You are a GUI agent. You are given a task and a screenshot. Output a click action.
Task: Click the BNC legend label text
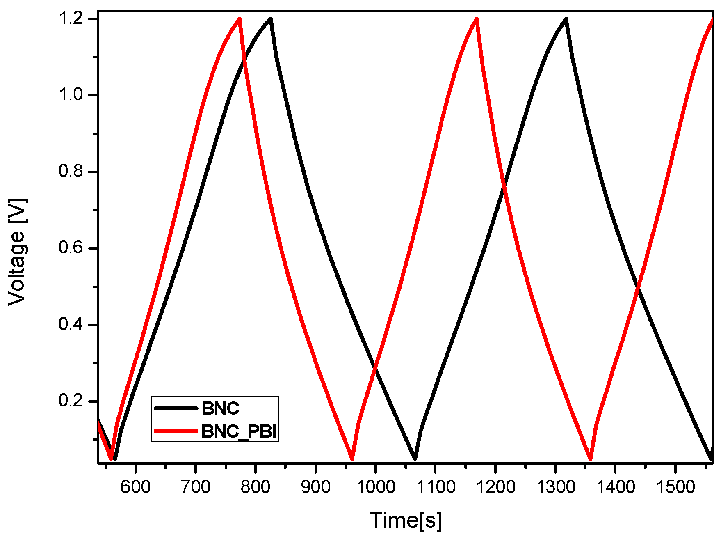[220, 408]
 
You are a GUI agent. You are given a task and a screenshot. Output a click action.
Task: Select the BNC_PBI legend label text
[239, 431]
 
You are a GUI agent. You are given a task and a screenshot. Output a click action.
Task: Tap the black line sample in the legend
[176, 408]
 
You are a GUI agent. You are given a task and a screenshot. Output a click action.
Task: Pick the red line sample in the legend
[176, 431]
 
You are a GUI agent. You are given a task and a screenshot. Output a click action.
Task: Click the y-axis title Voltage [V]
[17, 252]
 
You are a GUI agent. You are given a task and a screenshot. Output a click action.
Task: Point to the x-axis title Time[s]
[405, 520]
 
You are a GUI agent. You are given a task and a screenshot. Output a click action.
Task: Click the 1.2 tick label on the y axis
[72, 19]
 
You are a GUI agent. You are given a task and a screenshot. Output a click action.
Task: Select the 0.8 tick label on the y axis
[72, 172]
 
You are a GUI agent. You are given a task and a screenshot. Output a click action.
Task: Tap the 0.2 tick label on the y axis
[72, 401]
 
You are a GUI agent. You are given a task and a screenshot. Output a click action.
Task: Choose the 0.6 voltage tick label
[72, 248]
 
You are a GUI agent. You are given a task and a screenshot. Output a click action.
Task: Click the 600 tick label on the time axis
[136, 487]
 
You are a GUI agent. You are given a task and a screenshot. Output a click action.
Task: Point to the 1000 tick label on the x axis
[375, 487]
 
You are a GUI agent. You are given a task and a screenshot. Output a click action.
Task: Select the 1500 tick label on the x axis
[675, 487]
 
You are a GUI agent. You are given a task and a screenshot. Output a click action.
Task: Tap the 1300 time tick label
[555, 487]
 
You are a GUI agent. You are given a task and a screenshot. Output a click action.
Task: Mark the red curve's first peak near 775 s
[239, 19]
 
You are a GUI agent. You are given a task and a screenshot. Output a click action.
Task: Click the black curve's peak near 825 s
[270, 19]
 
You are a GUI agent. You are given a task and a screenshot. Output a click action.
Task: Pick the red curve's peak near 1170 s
[476, 19]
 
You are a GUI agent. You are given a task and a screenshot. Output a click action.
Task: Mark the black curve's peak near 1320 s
[566, 19]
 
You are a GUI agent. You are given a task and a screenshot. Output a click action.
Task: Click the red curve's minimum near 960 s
[352, 458]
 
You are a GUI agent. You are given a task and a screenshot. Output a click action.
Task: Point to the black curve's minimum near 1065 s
[415, 458]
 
